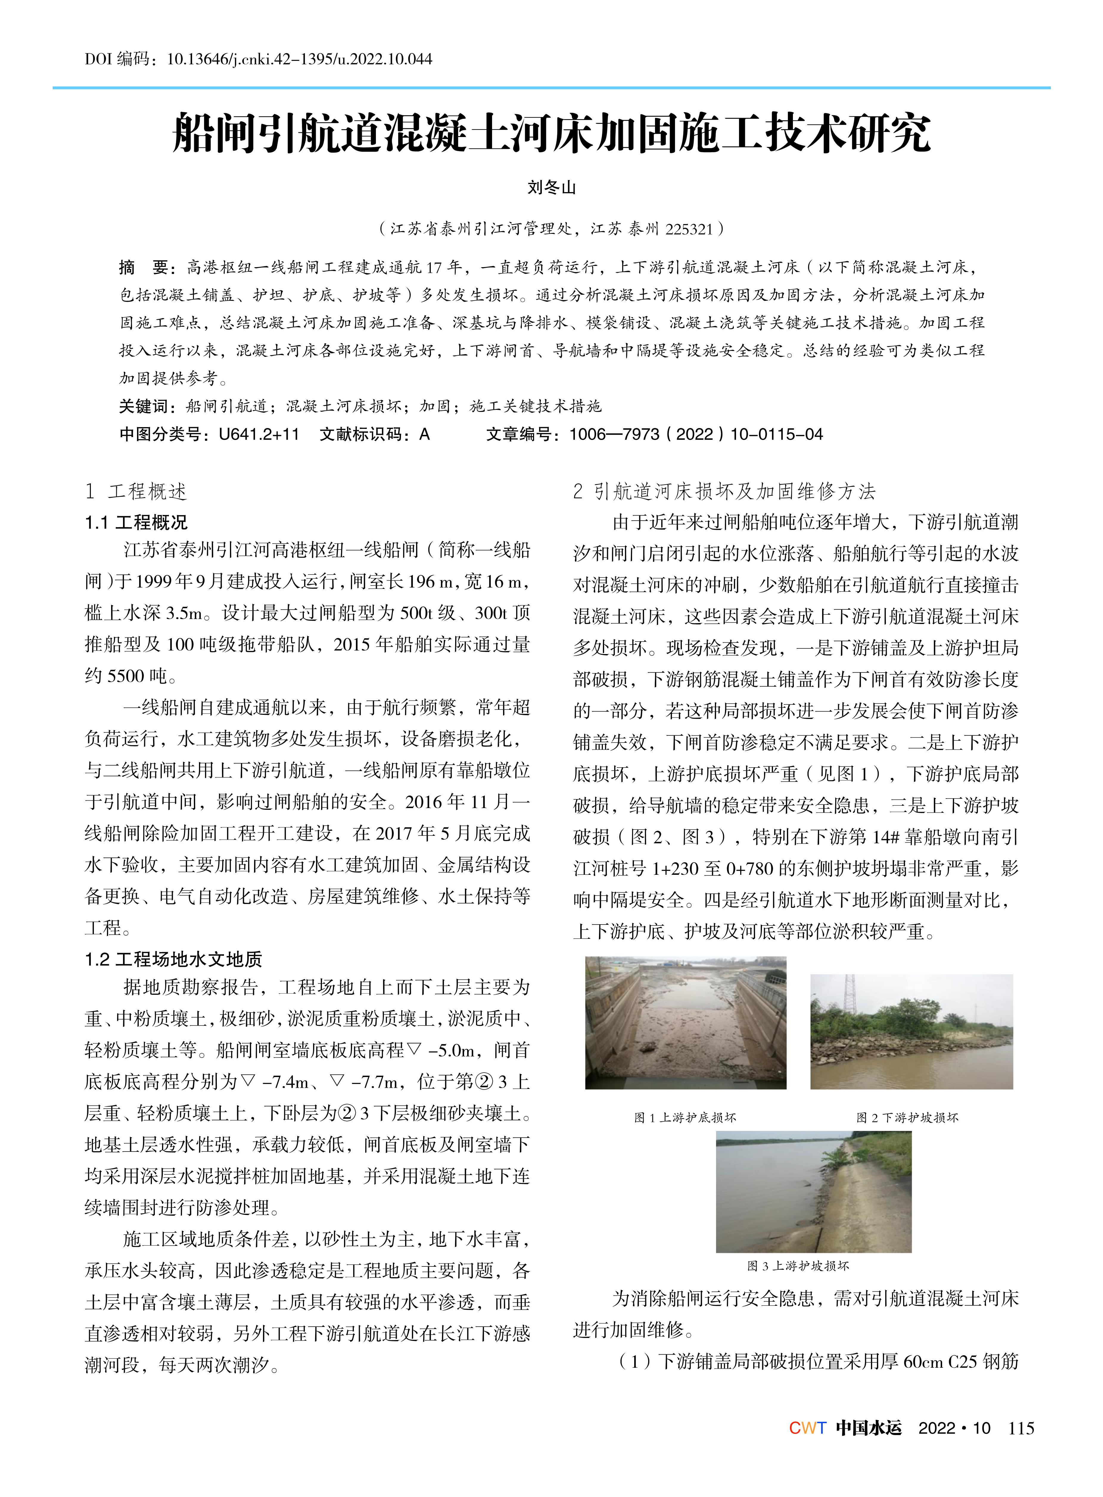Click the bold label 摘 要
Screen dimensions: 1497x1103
pyautogui.click(x=144, y=268)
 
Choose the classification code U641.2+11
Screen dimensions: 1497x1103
pyautogui.click(x=259, y=435)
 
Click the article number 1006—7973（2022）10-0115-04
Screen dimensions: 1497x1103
pyautogui.click(x=696, y=435)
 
